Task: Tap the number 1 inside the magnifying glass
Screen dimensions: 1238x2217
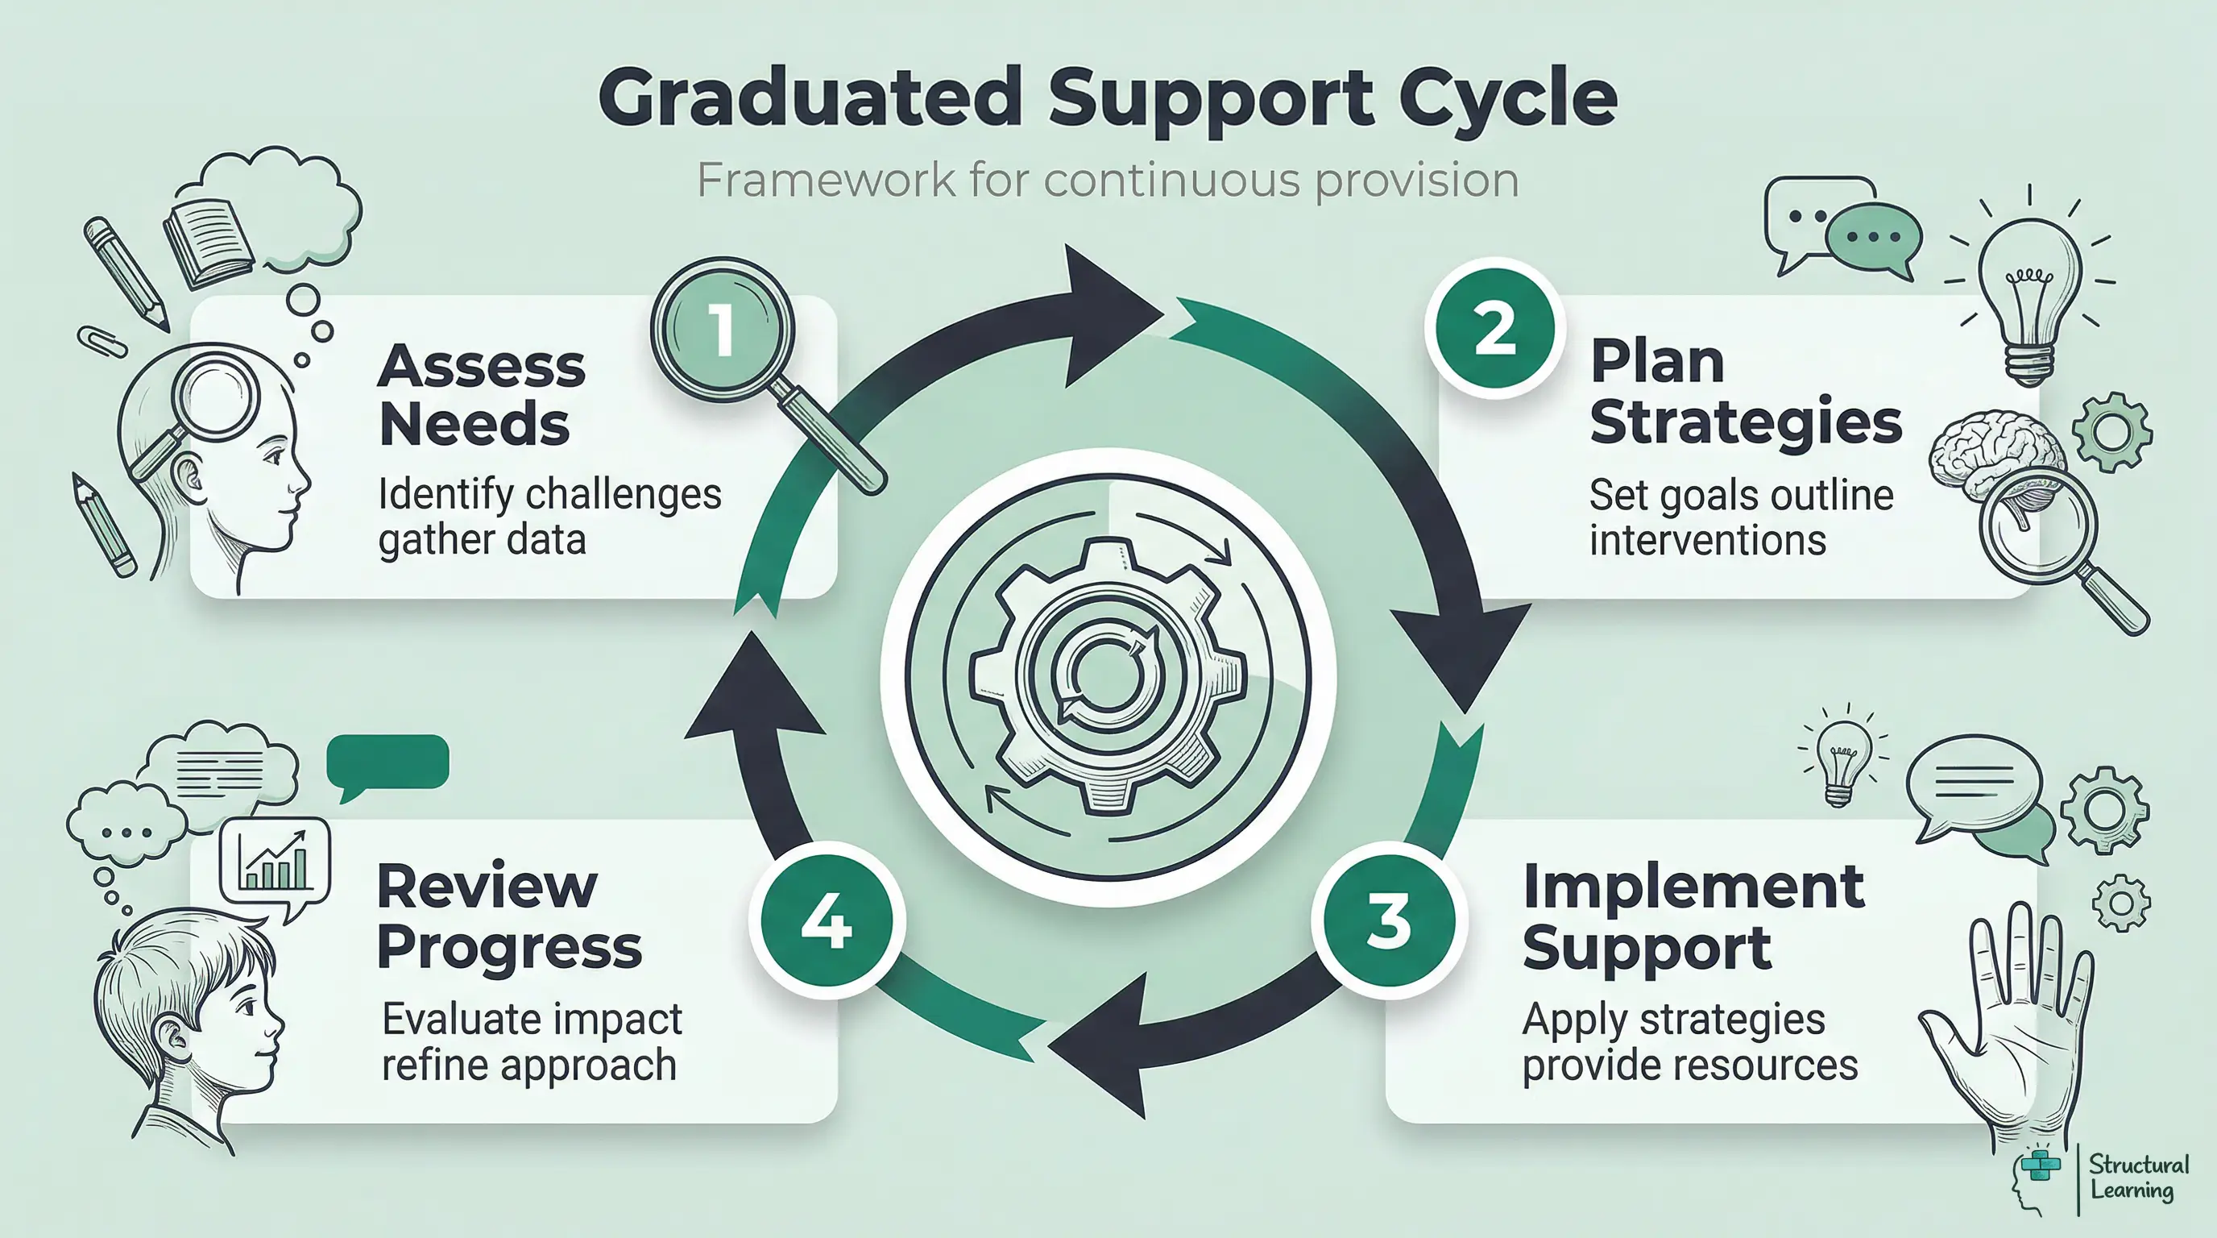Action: pyautogui.click(x=722, y=330)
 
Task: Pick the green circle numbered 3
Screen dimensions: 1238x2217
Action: pyautogui.click(x=1388, y=920)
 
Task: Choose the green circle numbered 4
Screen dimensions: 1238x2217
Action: pyautogui.click(x=827, y=920)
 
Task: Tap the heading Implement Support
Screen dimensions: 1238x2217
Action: pyautogui.click(x=1691, y=916)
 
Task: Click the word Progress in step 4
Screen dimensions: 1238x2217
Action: pyautogui.click(x=508, y=946)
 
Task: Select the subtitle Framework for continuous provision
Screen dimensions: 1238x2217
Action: pyautogui.click(x=1107, y=180)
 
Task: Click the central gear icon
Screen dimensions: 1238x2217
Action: pyautogui.click(x=1108, y=675)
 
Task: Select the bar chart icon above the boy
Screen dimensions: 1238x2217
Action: pyautogui.click(x=276, y=861)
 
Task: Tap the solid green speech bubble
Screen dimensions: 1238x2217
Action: pyautogui.click(x=387, y=762)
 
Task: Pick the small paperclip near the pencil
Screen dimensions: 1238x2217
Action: pyautogui.click(x=102, y=341)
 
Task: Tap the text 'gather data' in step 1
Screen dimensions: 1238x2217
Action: pyautogui.click(x=482, y=540)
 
